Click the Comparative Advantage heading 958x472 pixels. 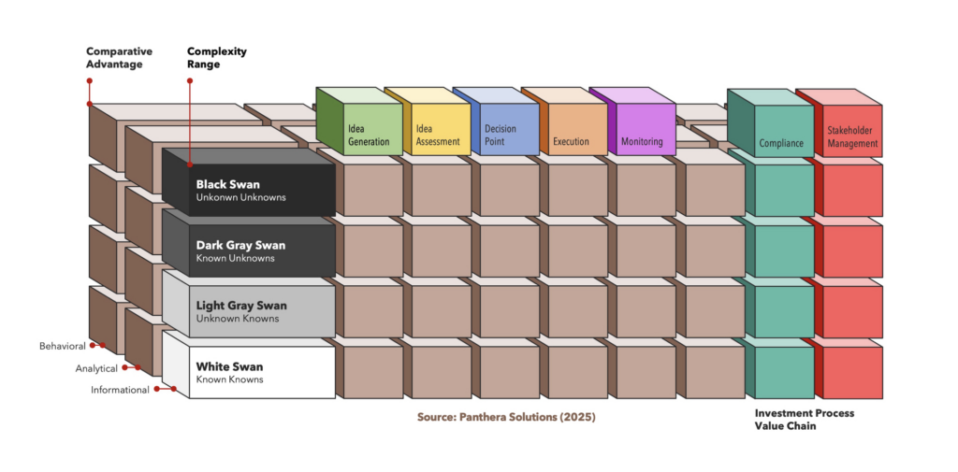click(x=119, y=57)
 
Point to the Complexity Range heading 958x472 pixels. click(x=217, y=57)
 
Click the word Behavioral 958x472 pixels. click(x=63, y=346)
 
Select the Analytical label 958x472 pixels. click(x=96, y=368)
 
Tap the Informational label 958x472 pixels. click(x=120, y=390)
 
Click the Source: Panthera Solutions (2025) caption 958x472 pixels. click(x=506, y=417)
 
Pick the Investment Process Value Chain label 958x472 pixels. click(x=804, y=419)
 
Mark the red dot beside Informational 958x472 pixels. click(x=157, y=388)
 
